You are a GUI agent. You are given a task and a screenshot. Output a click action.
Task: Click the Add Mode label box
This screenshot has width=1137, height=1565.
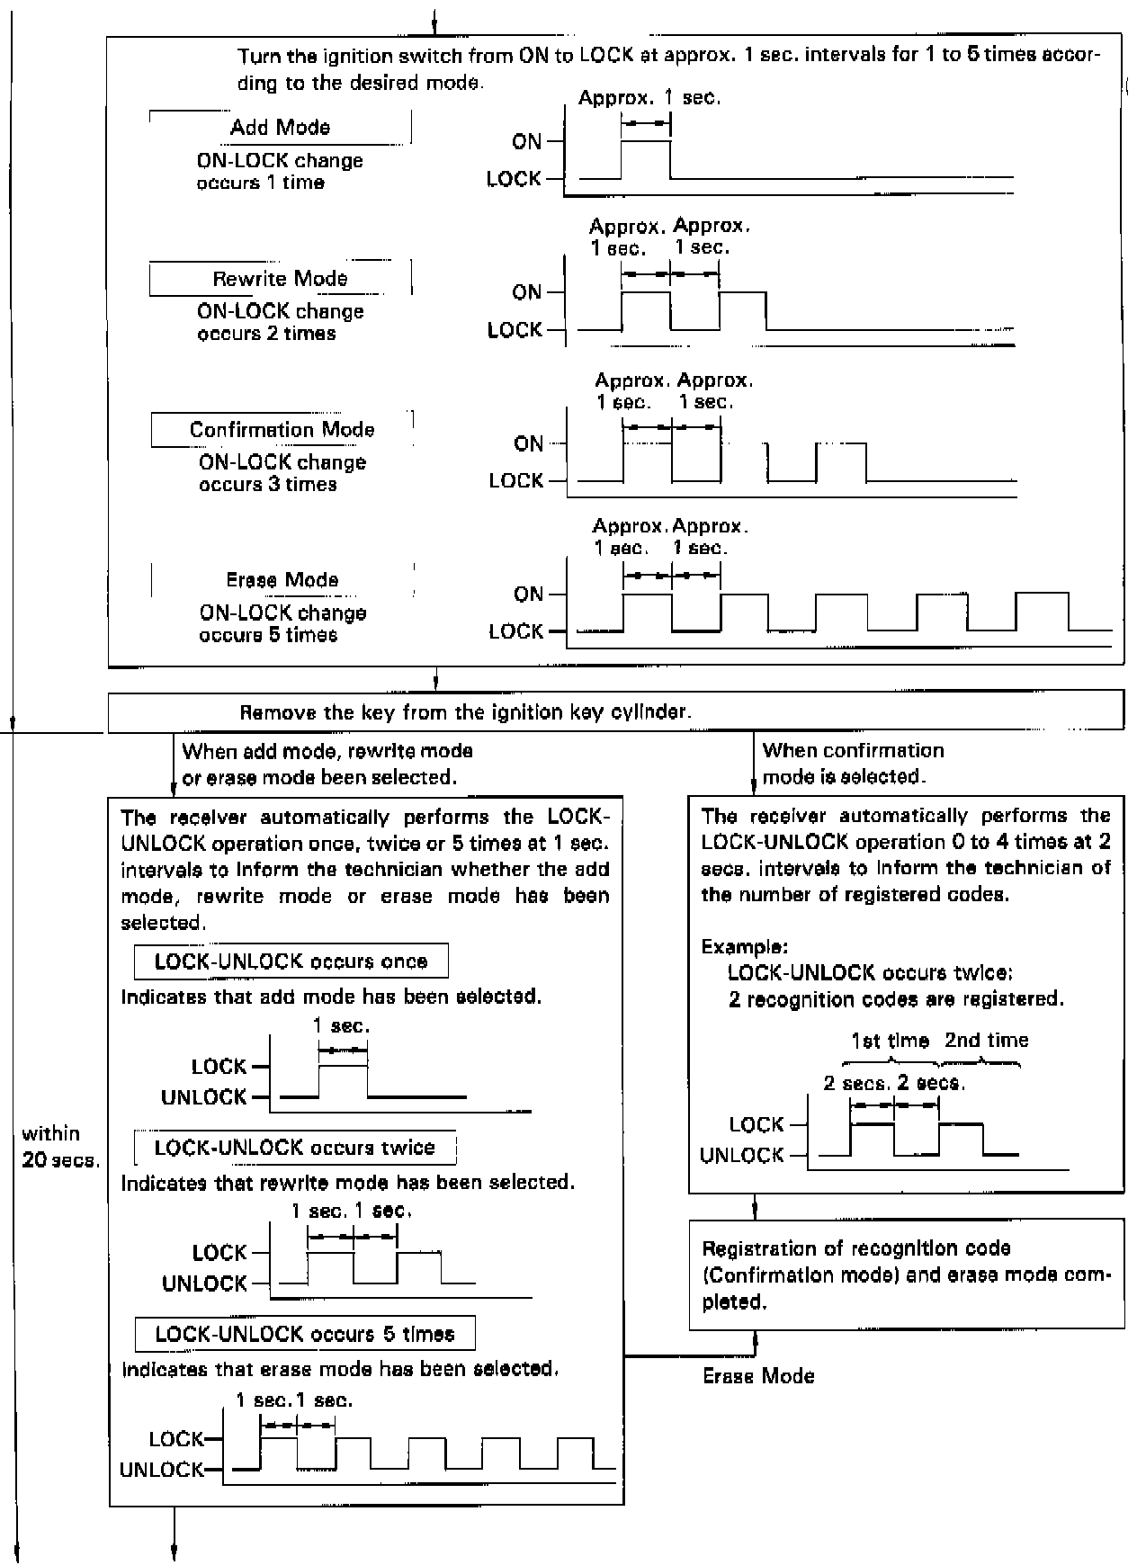click(x=280, y=128)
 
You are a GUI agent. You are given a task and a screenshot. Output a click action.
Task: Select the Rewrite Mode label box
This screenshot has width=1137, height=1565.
click(x=280, y=279)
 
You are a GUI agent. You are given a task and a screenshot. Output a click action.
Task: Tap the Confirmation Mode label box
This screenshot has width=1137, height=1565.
click(x=282, y=430)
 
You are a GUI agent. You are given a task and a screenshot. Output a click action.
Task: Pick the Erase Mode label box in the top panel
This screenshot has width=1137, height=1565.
click(x=282, y=580)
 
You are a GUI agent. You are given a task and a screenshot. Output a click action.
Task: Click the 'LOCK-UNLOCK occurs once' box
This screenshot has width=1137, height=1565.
click(x=291, y=961)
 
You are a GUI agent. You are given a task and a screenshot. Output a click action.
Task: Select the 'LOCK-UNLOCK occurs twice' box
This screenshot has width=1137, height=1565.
click(x=294, y=1148)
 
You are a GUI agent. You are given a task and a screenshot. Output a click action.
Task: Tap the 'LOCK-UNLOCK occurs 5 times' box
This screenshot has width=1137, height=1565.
click(x=305, y=1334)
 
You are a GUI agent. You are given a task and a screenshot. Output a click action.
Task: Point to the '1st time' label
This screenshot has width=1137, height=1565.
click(x=890, y=1041)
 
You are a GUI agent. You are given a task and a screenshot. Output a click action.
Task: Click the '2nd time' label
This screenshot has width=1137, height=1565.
click(x=986, y=1041)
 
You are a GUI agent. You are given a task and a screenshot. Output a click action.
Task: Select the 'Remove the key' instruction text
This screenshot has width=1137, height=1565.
click(x=465, y=713)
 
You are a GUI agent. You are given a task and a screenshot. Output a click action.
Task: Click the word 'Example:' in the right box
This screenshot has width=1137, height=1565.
click(x=745, y=946)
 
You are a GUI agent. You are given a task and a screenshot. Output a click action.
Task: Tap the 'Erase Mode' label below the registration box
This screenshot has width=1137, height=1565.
click(x=758, y=1376)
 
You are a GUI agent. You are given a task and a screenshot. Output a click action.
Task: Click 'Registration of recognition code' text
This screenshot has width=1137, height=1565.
click(x=855, y=1248)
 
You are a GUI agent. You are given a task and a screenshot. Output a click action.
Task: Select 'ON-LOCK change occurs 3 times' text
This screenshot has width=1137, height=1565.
click(x=282, y=473)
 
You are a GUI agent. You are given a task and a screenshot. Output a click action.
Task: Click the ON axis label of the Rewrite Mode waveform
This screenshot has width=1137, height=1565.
click(x=527, y=293)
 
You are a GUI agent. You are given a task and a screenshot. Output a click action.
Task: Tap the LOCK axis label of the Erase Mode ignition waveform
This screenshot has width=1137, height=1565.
click(x=516, y=632)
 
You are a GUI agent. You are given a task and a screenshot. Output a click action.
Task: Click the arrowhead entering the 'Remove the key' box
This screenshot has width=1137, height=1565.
click(x=435, y=683)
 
